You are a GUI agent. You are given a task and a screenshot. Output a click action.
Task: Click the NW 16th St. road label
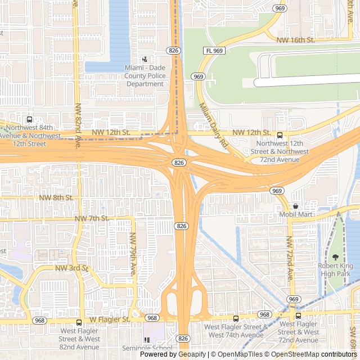pos(296,40)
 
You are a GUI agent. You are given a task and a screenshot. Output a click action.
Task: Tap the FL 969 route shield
pos(214,51)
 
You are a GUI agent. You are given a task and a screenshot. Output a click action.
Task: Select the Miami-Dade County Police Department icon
pos(145,59)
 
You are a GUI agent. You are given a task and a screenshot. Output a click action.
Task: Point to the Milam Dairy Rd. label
pos(214,125)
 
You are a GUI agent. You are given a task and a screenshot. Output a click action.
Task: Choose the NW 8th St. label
pos(56,198)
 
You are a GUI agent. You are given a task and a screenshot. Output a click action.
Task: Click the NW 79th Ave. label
pos(134,254)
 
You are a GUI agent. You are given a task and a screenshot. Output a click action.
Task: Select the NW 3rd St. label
pos(72,268)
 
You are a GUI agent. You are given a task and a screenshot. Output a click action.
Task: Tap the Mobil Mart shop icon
pos(295,206)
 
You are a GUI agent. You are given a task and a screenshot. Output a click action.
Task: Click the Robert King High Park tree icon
pos(336,257)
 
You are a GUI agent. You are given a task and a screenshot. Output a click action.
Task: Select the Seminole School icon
pos(147,340)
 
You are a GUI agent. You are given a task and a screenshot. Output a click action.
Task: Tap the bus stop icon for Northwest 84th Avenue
pos(29,119)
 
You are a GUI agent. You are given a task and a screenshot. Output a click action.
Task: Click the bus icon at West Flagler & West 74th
pos(236,318)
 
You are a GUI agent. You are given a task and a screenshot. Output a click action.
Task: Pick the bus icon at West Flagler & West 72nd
pos(299,316)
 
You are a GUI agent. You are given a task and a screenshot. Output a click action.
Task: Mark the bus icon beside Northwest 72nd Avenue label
pos(280,135)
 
